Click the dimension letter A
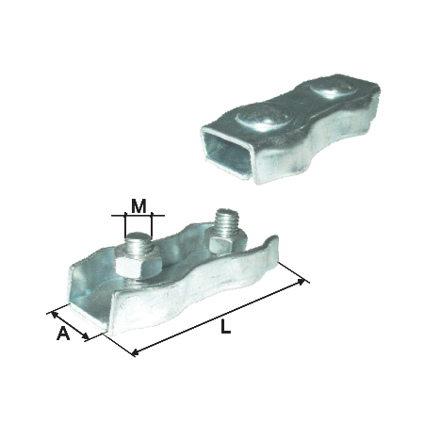pyautogui.click(x=63, y=334)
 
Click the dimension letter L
pyautogui.click(x=225, y=327)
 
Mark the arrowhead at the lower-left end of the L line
pyautogui.click(x=134, y=352)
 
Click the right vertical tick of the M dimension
pyautogui.click(x=152, y=223)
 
